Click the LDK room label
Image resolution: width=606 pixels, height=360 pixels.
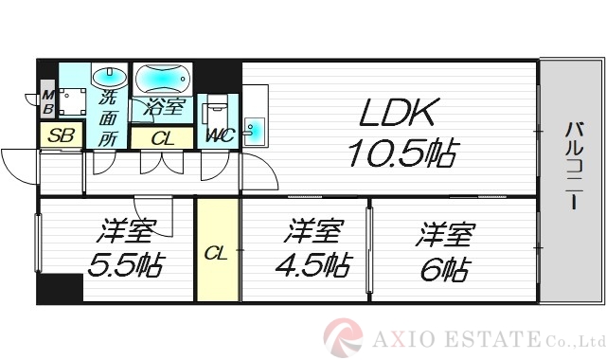[397, 114]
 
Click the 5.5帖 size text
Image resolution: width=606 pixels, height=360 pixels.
[123, 264]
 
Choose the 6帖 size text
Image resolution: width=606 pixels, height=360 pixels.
[443, 268]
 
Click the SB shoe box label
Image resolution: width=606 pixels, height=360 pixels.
[62, 136]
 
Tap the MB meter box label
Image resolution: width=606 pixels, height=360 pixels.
[46, 102]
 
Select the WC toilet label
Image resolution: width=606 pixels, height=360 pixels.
[219, 135]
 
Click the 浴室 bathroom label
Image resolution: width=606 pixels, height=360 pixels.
[162, 106]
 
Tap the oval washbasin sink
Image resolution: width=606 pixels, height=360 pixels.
[105, 75]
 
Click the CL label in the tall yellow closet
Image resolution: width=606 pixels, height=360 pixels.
[217, 253]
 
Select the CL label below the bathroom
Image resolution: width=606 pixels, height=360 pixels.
[163, 138]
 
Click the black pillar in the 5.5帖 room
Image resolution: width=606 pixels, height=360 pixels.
[62, 288]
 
